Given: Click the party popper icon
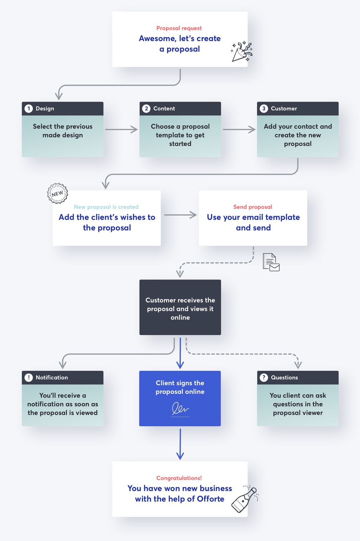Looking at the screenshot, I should pyautogui.click(x=242, y=52).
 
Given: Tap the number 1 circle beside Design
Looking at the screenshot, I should pyautogui.click(x=29, y=109).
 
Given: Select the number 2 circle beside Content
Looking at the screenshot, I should pyautogui.click(x=146, y=109).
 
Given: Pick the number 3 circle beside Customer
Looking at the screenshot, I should pyautogui.click(x=264, y=109).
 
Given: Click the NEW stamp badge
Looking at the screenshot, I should pyautogui.click(x=57, y=193).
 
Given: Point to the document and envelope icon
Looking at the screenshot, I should pyautogui.click(x=271, y=262).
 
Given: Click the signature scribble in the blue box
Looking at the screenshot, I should pyautogui.click(x=180, y=409).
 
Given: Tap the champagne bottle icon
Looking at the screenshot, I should pyautogui.click(x=245, y=500).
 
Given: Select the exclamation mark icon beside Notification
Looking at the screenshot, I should pyautogui.click(x=29, y=378).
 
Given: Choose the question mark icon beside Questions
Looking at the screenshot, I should pyautogui.click(x=264, y=378).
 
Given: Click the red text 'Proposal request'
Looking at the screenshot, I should pyautogui.click(x=179, y=28).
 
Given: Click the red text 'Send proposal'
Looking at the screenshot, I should pyautogui.click(x=252, y=207).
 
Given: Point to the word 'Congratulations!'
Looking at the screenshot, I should pyautogui.click(x=179, y=478).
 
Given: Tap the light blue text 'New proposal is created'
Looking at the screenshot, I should pyautogui.click(x=106, y=207).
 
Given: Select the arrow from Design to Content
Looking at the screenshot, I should pyautogui.click(x=121, y=129).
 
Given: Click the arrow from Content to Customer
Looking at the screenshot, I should pyautogui.click(x=239, y=129).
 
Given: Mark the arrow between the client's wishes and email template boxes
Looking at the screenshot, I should pyautogui.click(x=180, y=215).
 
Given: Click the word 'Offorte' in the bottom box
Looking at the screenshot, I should pyautogui.click(x=210, y=499).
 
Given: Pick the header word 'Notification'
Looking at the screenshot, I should pyautogui.click(x=52, y=378).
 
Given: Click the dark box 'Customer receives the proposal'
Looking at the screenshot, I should pyautogui.click(x=180, y=308).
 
